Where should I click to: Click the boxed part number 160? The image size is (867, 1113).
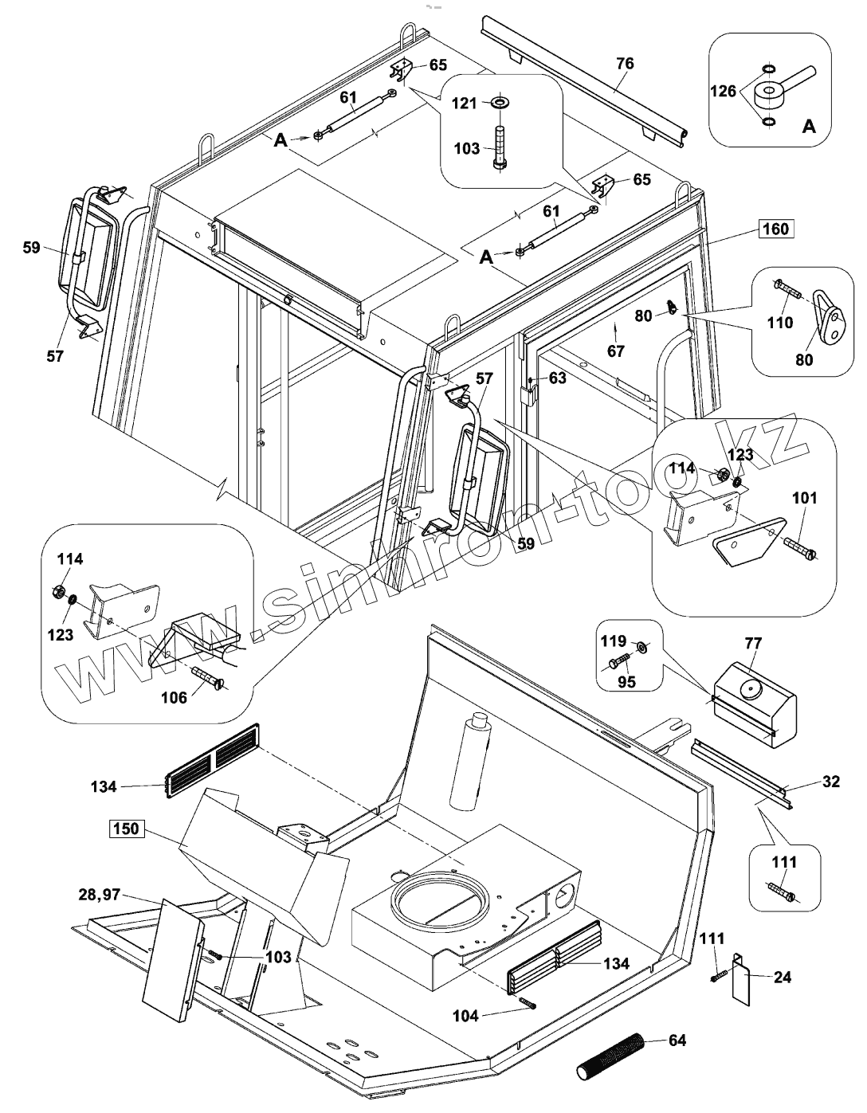775,229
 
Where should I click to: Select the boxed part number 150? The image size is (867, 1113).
125,829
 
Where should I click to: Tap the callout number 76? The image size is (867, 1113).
626,64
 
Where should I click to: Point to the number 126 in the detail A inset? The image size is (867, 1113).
724,92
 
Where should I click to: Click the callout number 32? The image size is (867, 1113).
830,782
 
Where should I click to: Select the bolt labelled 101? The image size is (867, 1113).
798,547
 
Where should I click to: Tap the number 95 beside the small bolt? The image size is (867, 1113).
627,682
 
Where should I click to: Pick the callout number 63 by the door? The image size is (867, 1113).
557,378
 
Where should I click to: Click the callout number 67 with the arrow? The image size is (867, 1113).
616,350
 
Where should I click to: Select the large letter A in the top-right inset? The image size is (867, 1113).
808,126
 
